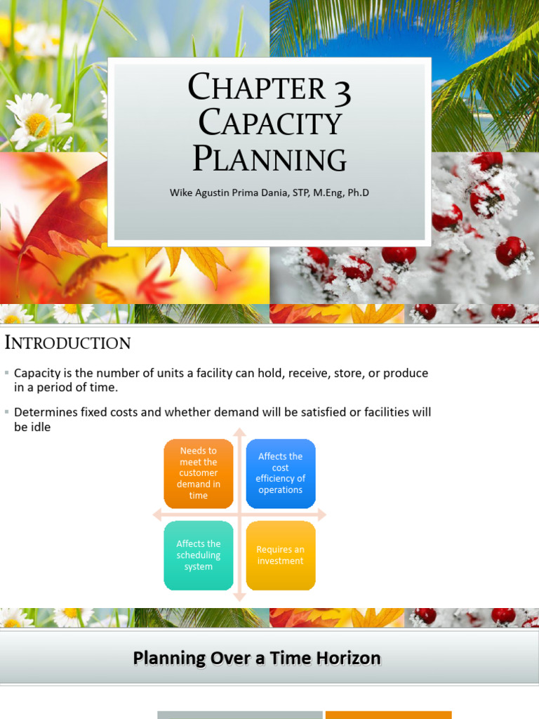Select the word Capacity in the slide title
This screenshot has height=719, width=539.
coord(269,124)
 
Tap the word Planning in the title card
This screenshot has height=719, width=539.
coord(269,158)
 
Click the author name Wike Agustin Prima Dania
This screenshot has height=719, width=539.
coord(239,192)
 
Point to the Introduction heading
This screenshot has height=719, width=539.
coord(67,343)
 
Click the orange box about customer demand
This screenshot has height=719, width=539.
coord(199,473)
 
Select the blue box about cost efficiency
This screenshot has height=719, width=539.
coord(281,473)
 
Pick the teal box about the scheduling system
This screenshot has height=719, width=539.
coord(199,555)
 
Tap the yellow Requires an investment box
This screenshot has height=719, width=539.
coord(281,555)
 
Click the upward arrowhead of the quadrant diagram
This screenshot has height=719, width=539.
coord(239,431)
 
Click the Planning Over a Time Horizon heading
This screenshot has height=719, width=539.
coord(257,659)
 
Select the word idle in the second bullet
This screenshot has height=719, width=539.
coord(40,427)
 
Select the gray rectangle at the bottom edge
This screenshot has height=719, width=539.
coord(239,715)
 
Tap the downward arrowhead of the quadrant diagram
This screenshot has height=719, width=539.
coord(239,598)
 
